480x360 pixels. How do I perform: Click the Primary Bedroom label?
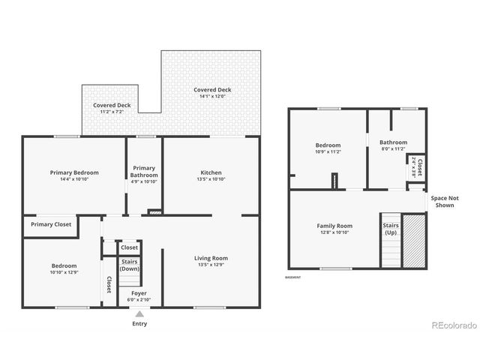74,172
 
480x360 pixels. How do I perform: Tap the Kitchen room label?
211,172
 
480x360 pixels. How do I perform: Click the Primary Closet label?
51,224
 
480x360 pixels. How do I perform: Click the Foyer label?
139,292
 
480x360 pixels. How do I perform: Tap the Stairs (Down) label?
130,265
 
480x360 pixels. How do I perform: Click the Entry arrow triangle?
139,314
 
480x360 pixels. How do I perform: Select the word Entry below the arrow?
139,324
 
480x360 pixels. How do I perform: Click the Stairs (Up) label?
391,229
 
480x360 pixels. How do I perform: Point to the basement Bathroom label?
393,142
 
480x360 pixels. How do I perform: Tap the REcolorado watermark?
454,325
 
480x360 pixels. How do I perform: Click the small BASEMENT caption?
293,277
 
